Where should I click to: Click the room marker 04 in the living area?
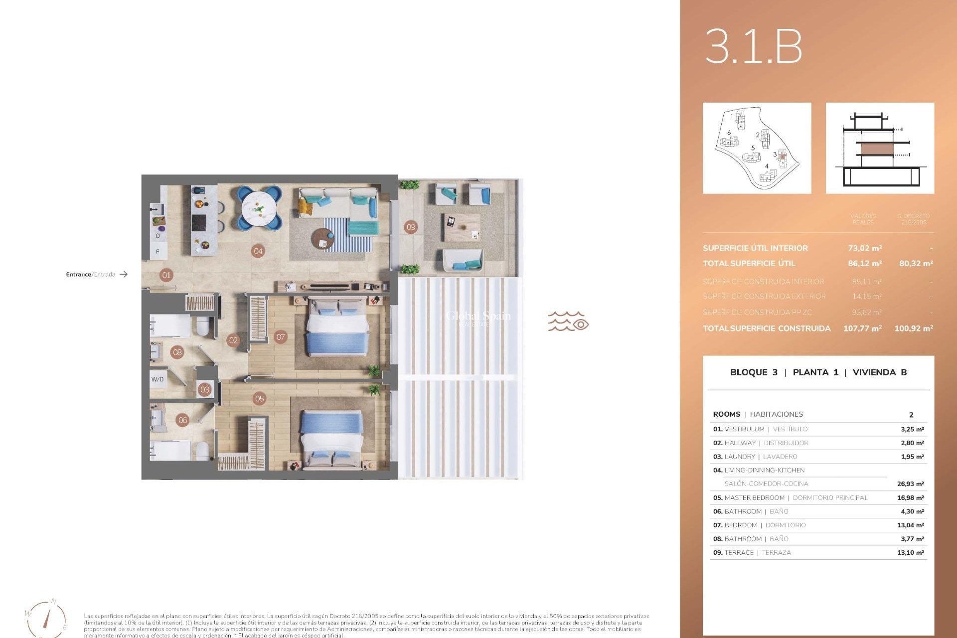[x=258, y=251]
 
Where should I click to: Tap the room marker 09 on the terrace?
[x=411, y=227]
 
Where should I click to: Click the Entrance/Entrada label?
[x=90, y=274]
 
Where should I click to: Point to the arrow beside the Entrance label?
[x=124, y=274]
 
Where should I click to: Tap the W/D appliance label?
[x=158, y=379]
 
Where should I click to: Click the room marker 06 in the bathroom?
[x=183, y=420]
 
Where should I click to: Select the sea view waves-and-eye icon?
[x=568, y=321]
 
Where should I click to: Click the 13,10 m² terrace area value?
[x=910, y=553]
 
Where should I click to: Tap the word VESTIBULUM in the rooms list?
[x=744, y=429]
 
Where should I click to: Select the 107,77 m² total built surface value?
[x=862, y=328]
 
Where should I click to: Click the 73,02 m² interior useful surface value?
[x=865, y=248]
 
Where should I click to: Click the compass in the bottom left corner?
[x=46, y=619]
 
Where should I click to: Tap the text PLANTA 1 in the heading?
[x=815, y=372]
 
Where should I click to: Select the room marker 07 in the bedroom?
[x=281, y=337]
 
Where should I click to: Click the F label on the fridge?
[x=158, y=252]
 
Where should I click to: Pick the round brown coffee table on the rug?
[x=323, y=239]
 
